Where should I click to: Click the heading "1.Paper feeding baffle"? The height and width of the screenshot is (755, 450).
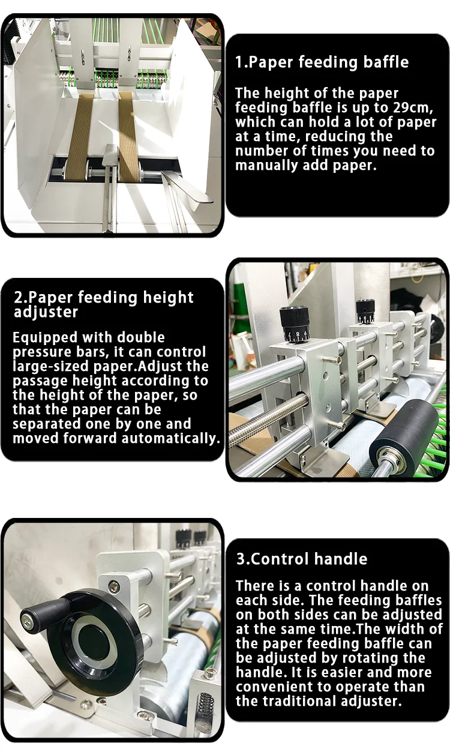click(322, 62)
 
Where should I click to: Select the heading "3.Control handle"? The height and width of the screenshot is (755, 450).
click(301, 559)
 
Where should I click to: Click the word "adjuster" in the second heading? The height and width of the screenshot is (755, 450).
click(46, 312)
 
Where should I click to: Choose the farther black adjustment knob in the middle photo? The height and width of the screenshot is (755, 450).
click(365, 311)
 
